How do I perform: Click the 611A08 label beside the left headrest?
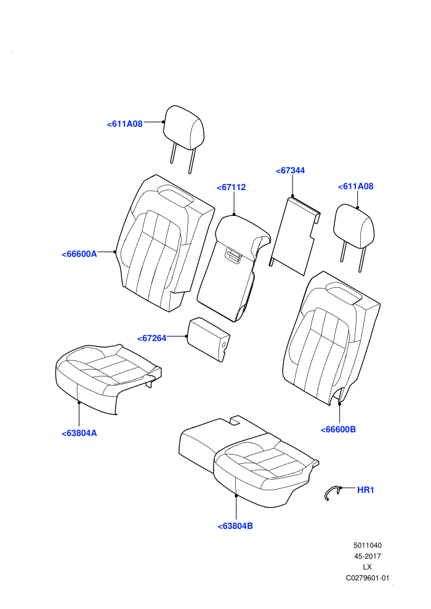(125, 124)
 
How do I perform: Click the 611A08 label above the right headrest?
(356, 186)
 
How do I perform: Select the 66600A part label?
(79, 254)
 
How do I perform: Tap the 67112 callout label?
(232, 187)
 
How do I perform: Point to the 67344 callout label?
(291, 170)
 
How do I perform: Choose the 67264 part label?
(152, 338)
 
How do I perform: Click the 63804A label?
(79, 434)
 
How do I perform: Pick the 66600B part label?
(338, 429)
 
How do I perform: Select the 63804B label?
(235, 527)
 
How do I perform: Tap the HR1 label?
(366, 490)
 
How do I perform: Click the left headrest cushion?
(184, 127)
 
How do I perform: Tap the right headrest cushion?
(354, 226)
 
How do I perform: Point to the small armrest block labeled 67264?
(209, 339)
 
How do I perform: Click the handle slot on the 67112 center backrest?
(233, 255)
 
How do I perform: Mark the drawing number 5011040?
(367, 546)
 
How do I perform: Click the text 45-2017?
(367, 556)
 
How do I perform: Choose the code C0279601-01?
(367, 578)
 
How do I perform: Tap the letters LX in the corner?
(367, 567)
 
